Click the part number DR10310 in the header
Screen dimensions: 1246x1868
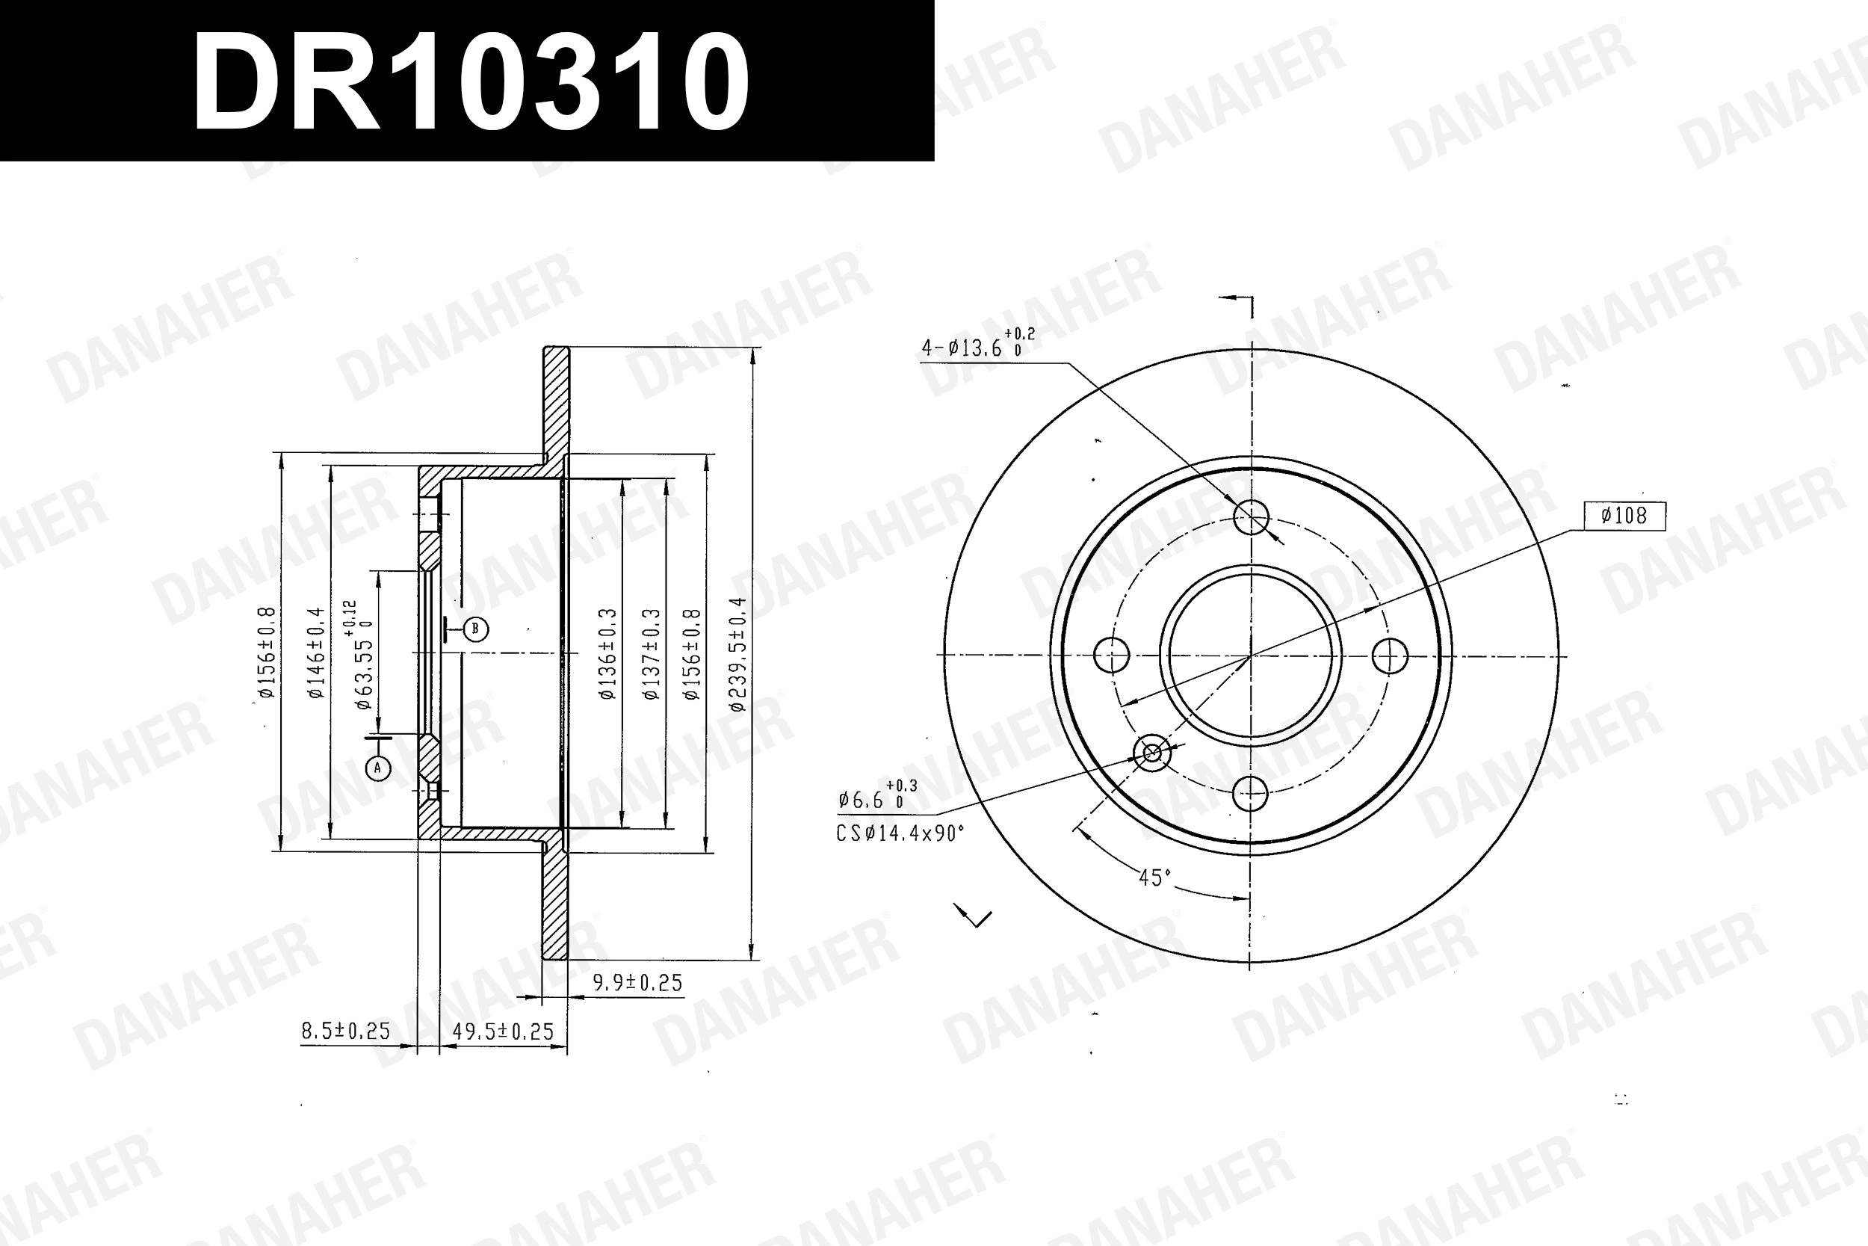[470, 82]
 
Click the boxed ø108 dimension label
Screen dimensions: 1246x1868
[1624, 516]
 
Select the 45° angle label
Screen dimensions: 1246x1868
[1154, 878]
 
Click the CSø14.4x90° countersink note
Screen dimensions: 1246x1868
[900, 833]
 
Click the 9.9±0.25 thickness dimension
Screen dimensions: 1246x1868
[637, 983]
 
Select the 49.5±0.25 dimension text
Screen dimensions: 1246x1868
[502, 1031]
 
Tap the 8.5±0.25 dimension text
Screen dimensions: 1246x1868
[345, 1031]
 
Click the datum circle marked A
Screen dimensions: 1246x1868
[378, 768]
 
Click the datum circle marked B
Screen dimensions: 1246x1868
[475, 629]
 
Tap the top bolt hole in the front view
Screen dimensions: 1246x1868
[1252, 517]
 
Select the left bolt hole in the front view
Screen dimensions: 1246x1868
[1111, 655]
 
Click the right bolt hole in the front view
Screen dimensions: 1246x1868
[1390, 656]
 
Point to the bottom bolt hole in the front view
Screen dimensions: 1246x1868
[1251, 792]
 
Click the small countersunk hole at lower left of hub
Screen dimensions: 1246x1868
[1151, 752]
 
